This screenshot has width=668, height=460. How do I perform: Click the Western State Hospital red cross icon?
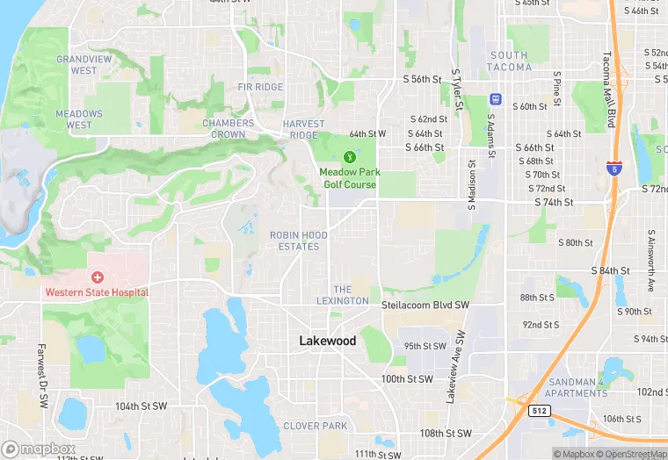pos(97,277)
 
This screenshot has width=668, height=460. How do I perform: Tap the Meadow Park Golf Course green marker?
pos(349,157)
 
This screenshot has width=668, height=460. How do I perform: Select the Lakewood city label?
pos(328,341)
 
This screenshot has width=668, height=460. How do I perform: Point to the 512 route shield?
pos(539,410)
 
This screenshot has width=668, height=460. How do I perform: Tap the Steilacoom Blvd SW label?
pos(425,305)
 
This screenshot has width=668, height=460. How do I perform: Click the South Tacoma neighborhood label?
pos(509,61)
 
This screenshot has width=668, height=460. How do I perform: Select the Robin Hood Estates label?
pos(299,241)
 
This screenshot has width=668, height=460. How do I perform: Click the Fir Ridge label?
pos(260,87)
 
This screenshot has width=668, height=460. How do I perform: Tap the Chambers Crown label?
pos(229,129)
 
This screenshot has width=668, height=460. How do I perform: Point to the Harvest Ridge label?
pos(303,129)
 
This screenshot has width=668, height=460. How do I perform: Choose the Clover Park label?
pos(315,426)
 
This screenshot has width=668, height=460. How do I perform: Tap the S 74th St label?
pos(554,202)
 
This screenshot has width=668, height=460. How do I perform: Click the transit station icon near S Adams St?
pos(495,98)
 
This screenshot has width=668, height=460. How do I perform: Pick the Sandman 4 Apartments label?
pos(576,387)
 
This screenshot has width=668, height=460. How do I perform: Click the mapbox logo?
pos(38,449)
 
